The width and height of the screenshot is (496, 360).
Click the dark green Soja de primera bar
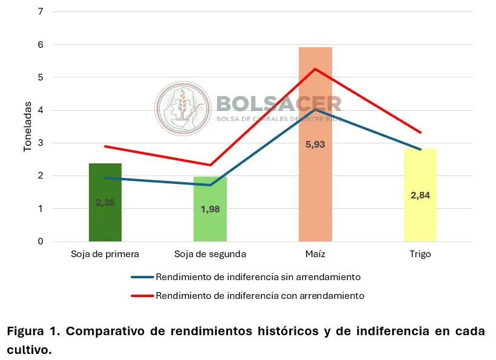[105, 218]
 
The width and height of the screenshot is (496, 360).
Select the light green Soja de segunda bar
[210, 224]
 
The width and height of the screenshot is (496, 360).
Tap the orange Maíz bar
[315, 182]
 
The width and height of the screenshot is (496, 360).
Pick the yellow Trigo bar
[420, 218]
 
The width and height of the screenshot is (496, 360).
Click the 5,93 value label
[315, 145]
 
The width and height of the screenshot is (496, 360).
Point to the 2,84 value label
[420, 195]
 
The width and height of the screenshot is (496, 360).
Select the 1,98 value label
[210, 209]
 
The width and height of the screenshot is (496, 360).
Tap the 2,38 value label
[105, 203]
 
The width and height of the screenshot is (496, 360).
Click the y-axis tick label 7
[40, 11]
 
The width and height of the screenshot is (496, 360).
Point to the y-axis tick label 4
[40, 110]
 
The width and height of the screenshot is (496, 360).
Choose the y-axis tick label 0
[40, 241]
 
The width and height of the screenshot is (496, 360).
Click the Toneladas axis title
[27, 126]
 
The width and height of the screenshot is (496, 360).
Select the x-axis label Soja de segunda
[210, 254]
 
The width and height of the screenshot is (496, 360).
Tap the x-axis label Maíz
[315, 254]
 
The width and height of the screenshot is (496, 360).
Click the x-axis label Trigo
[420, 254]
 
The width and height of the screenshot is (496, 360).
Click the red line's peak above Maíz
[315, 69]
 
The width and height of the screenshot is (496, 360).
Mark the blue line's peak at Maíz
[315, 110]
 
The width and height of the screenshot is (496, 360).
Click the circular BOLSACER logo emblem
[182, 109]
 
